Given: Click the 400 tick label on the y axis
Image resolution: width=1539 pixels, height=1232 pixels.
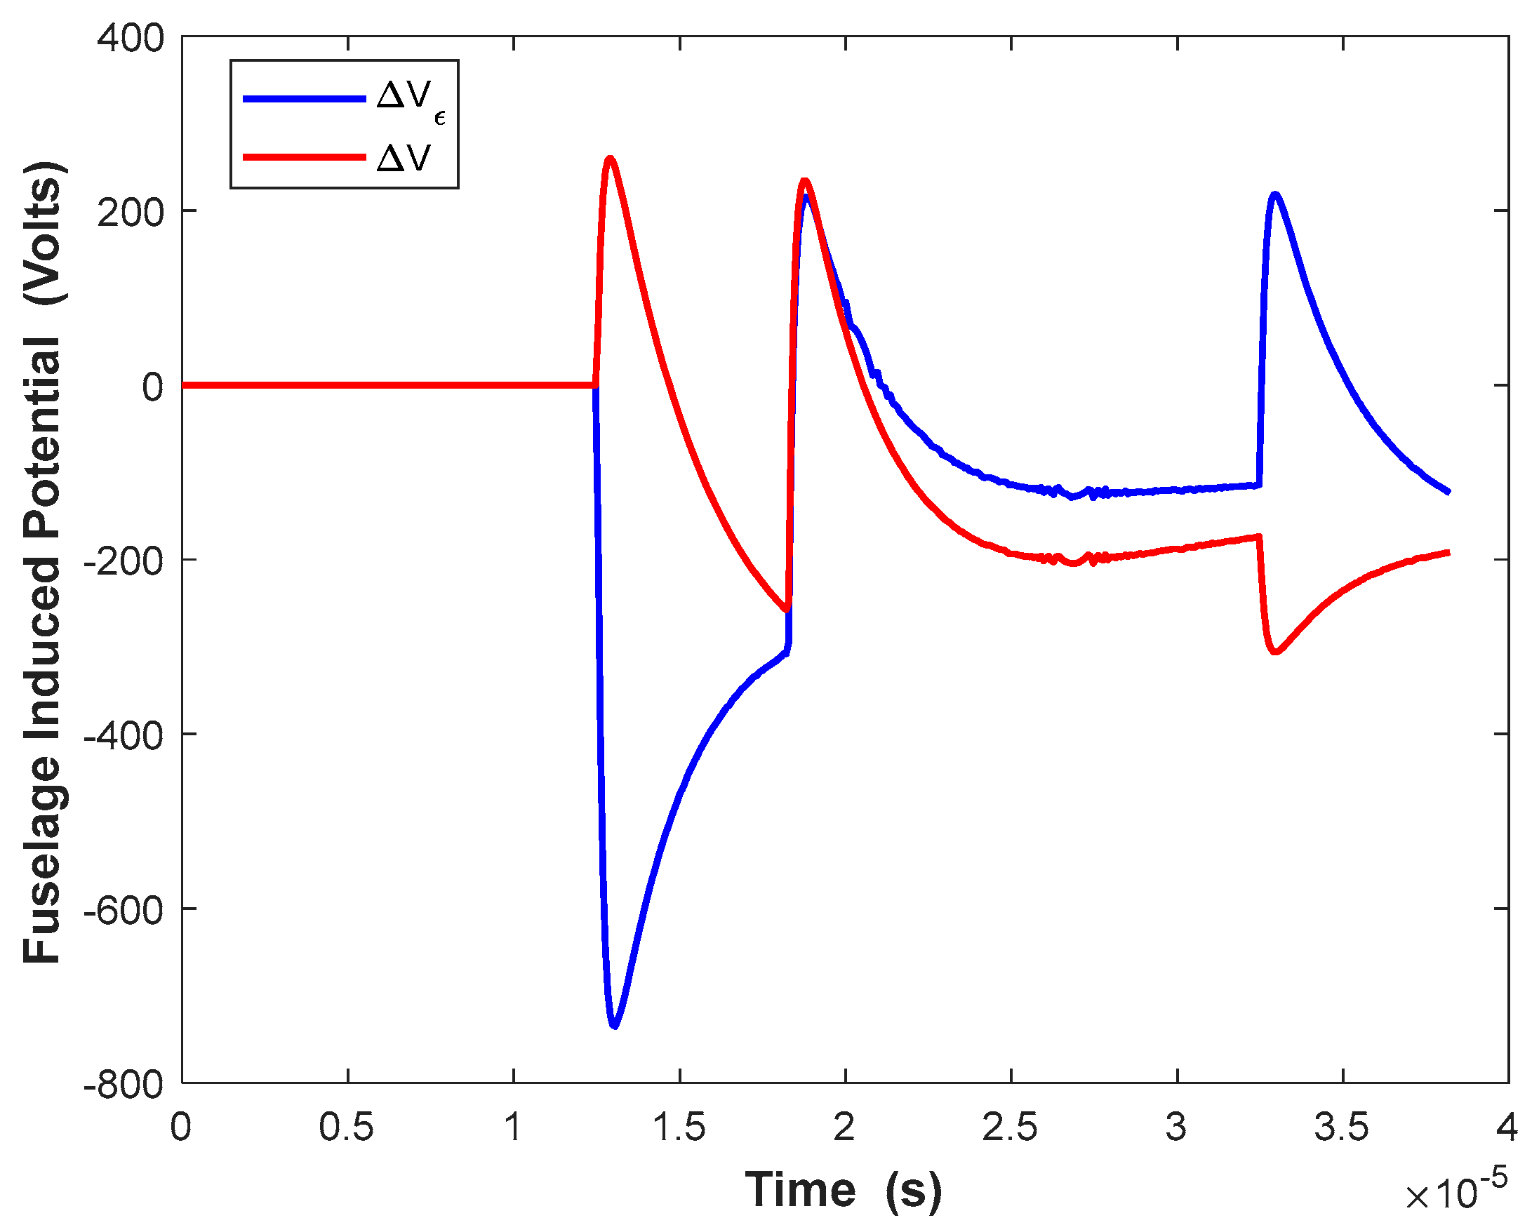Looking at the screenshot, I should click(x=131, y=39).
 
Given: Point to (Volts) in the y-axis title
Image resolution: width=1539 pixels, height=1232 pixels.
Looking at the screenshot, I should click(x=44, y=234).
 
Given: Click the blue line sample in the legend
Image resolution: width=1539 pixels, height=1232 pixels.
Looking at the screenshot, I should click(x=304, y=99).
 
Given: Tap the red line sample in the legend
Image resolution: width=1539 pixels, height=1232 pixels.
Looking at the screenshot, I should click(x=304, y=157).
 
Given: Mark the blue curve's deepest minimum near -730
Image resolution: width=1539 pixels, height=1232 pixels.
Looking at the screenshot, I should click(x=614, y=1026).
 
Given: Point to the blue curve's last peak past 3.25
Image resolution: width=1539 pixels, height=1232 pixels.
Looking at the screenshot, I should click(x=1274, y=194).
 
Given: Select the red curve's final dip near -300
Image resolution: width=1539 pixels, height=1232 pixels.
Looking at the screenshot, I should click(x=1275, y=651).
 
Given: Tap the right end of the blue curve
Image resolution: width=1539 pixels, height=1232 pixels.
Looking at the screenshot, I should click(x=1448, y=492).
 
